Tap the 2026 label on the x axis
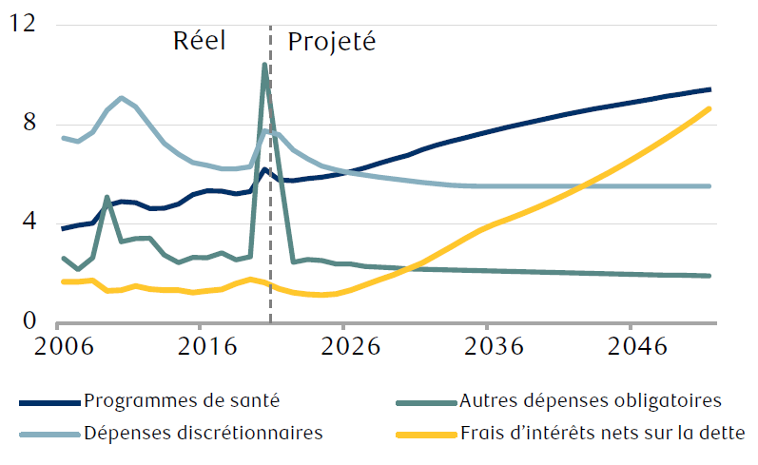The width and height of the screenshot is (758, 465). click(344, 346)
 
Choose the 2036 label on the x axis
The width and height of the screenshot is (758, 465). click(488, 346)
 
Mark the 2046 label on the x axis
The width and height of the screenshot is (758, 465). click(632, 346)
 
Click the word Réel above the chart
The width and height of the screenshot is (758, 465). click(199, 42)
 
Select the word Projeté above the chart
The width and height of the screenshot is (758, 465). click(332, 43)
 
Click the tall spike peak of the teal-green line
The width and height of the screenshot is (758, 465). click(264, 65)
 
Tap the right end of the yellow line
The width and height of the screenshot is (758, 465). click(709, 108)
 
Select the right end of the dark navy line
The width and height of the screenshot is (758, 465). click(709, 89)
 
